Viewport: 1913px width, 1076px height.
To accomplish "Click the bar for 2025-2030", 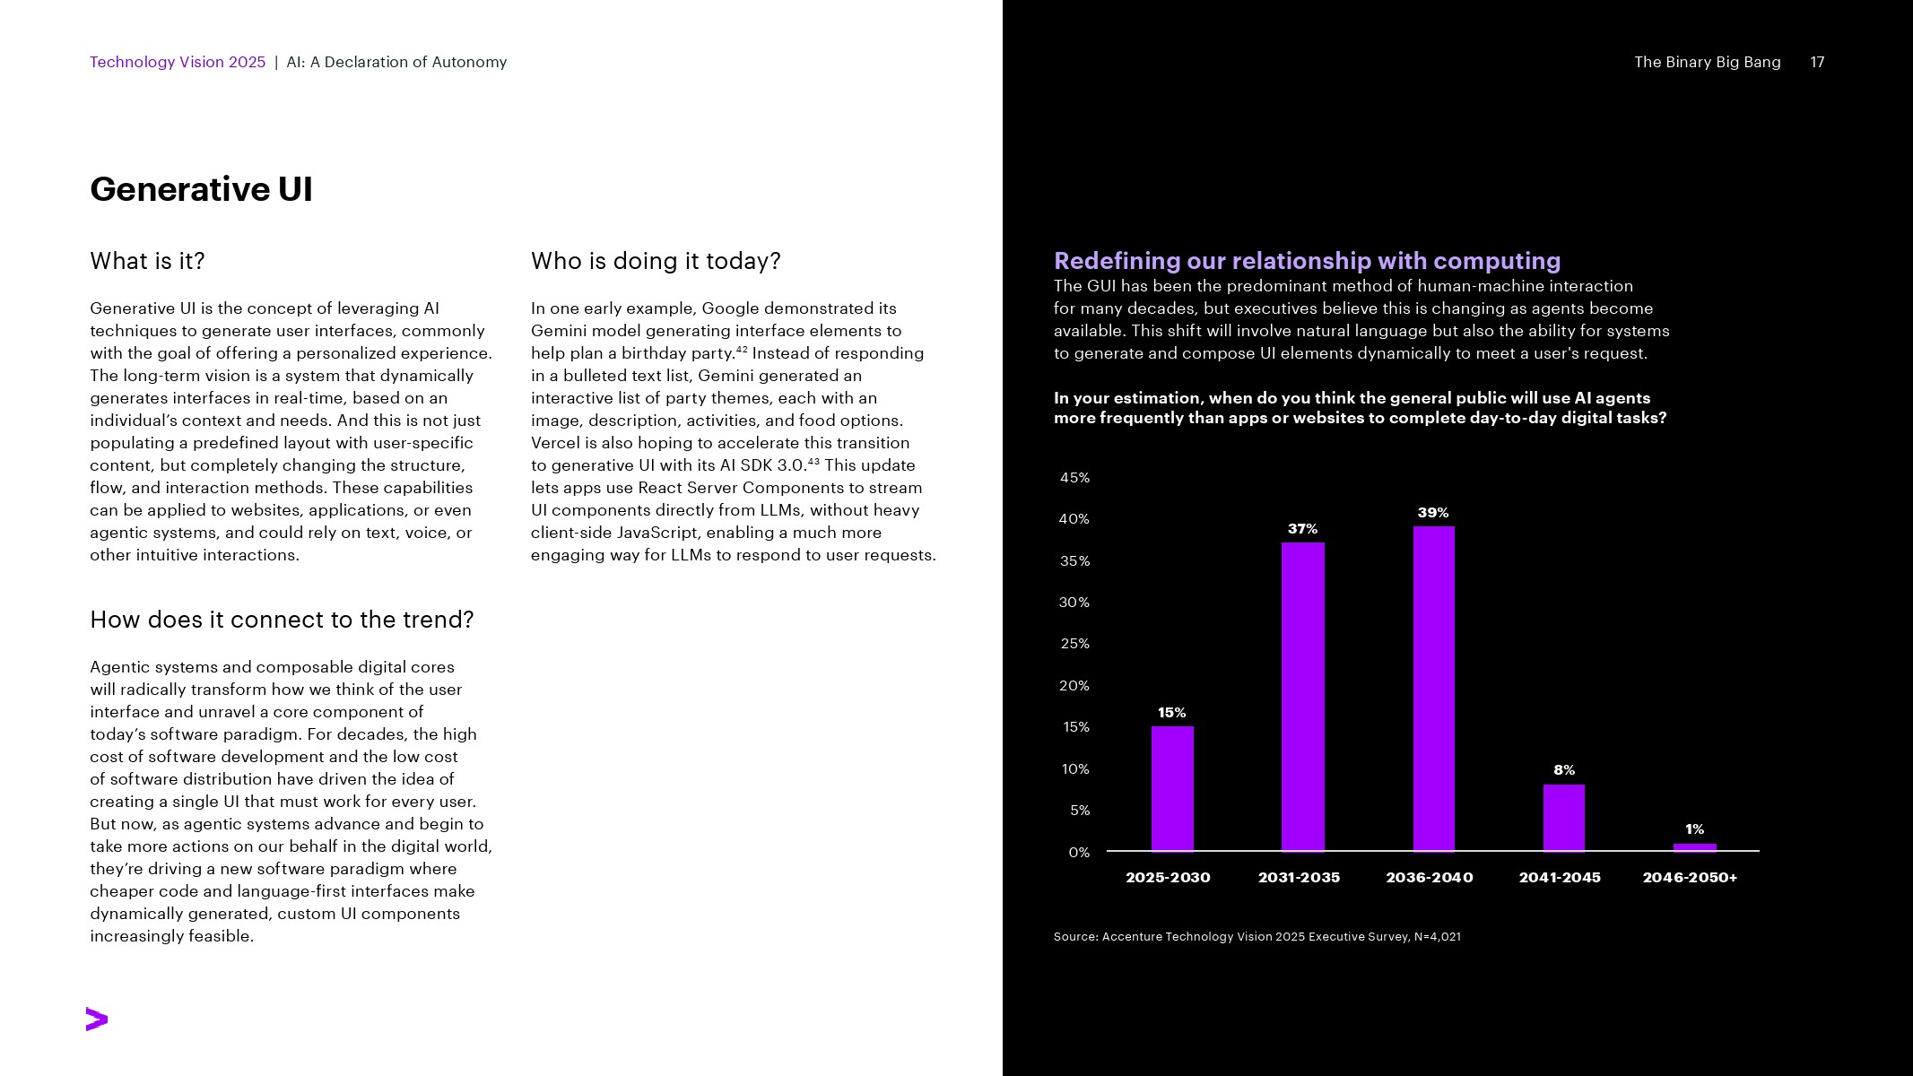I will (x=1172, y=788).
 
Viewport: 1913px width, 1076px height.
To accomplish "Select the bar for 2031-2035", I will (x=1302, y=696).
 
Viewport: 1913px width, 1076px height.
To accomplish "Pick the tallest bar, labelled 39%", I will (x=1433, y=688).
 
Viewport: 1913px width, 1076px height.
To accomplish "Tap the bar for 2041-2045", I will (x=1563, y=817).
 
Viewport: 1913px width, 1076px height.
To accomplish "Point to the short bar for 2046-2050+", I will (x=1694, y=846).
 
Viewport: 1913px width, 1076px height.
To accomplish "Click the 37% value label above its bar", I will (x=1302, y=529).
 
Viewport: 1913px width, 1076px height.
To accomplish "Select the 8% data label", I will (x=1563, y=770).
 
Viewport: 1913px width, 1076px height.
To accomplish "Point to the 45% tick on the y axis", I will (x=1074, y=478).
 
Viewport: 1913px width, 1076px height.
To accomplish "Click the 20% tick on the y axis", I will (x=1074, y=686).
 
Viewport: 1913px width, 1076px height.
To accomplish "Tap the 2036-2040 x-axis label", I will (x=1429, y=877).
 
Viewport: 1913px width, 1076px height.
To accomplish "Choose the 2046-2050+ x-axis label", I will (x=1690, y=877).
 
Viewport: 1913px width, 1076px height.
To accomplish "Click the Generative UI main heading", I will (x=201, y=189).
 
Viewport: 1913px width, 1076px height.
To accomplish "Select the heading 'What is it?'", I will (x=147, y=261).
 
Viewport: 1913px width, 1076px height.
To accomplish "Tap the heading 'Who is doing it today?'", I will (x=656, y=261).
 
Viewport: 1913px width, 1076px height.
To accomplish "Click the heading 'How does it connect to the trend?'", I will (x=282, y=620).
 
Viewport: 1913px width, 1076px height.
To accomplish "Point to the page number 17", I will (x=1817, y=62).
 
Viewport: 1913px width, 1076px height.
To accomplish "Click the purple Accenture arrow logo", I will (x=97, y=1020).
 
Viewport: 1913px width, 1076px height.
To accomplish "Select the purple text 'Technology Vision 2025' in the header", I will (x=178, y=62).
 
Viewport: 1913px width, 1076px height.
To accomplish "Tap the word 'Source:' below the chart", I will (x=1075, y=936).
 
